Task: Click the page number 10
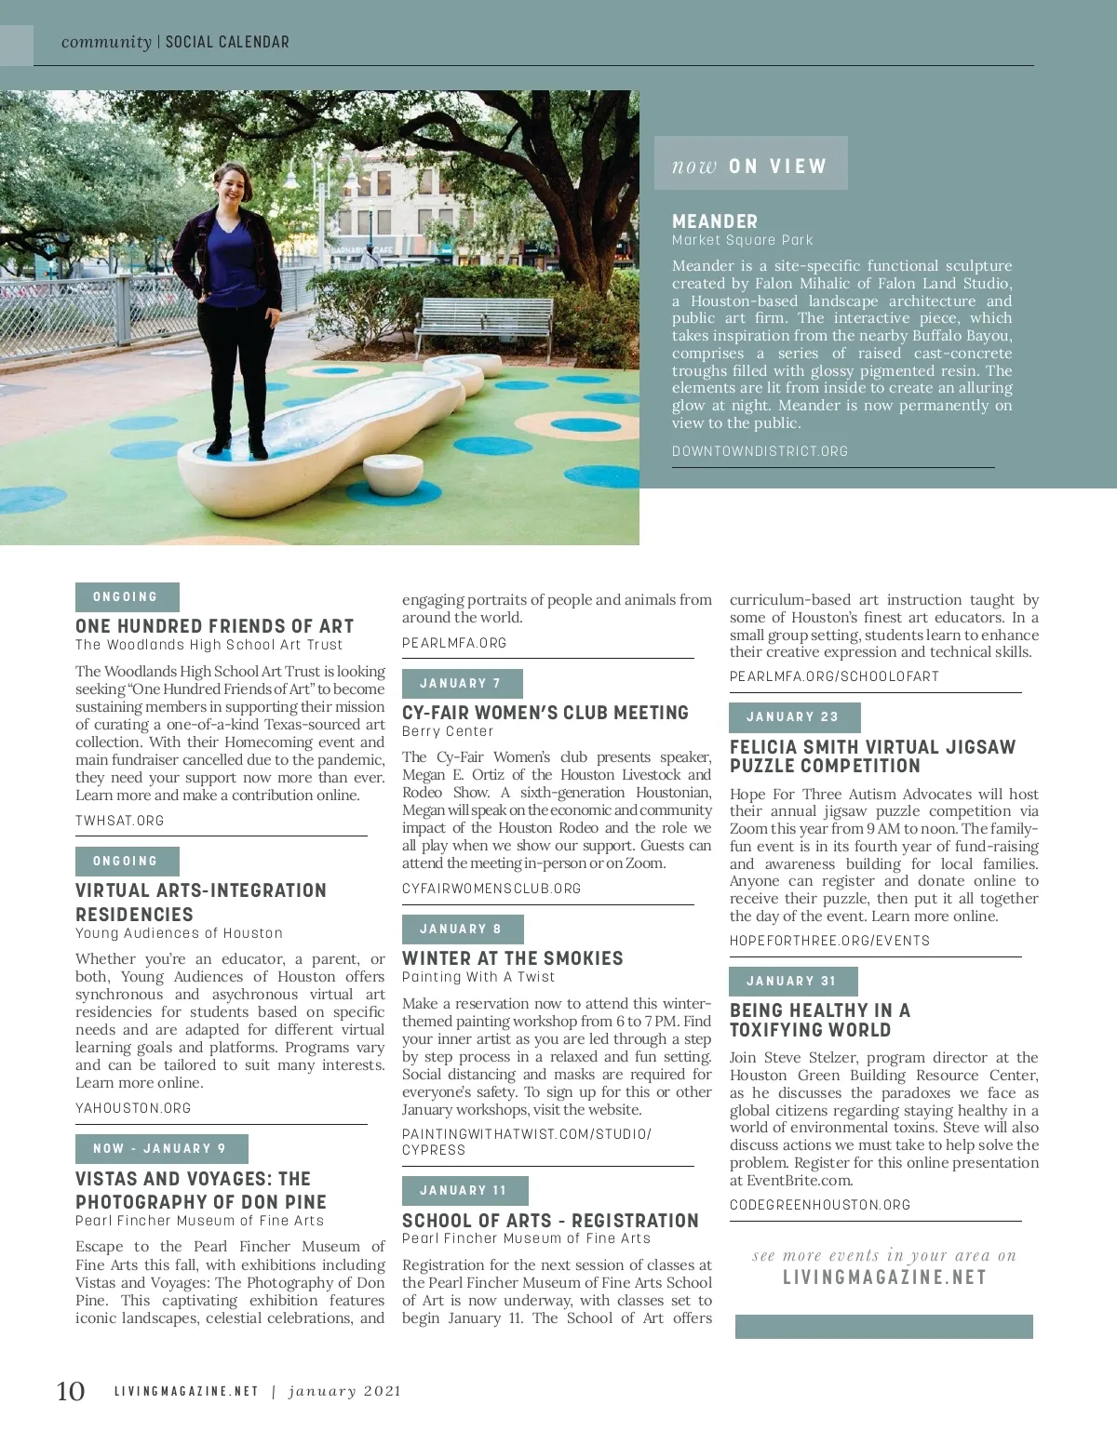click(x=71, y=1391)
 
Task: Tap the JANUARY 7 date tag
click(x=462, y=684)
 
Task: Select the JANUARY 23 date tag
click(x=794, y=717)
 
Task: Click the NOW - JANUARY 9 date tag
click(x=161, y=1149)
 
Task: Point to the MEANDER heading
click(x=715, y=221)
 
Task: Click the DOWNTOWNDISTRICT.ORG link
click(x=760, y=451)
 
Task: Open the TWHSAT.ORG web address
click(x=120, y=821)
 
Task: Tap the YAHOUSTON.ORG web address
click(x=133, y=1108)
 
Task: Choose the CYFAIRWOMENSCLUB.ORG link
click(x=491, y=889)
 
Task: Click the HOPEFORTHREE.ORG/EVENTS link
click(x=829, y=941)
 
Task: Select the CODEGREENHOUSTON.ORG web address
click(x=820, y=1205)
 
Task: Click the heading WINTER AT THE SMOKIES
click(x=512, y=958)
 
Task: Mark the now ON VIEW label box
click(x=750, y=165)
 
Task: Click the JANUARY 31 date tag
click(x=793, y=982)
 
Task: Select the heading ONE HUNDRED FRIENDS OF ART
click(x=215, y=626)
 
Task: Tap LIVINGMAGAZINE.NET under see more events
click(x=884, y=1277)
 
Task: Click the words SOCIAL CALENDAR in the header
click(x=227, y=42)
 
